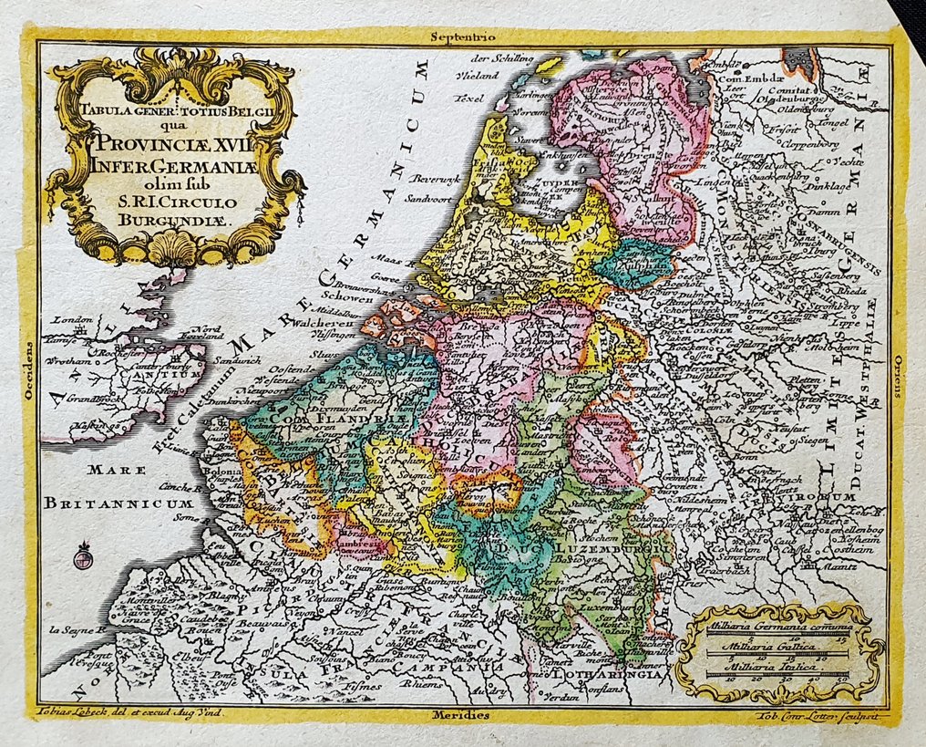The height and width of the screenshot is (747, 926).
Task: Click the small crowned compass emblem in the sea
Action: coord(84,554)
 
